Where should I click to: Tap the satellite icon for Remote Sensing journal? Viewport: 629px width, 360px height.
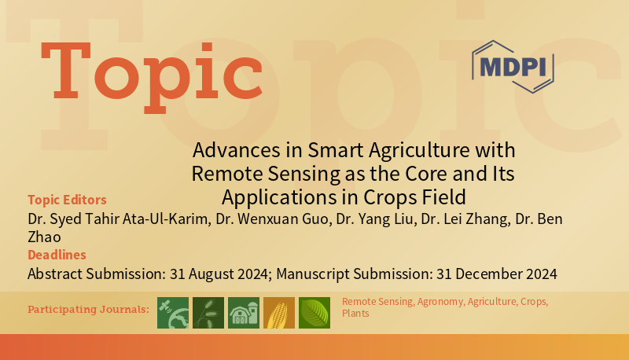pyautogui.click(x=173, y=312)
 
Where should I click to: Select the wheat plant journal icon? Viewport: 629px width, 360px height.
pyautogui.click(x=208, y=312)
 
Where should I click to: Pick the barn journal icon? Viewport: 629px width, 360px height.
pyautogui.click(x=243, y=312)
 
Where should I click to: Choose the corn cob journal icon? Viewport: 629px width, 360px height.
pyautogui.click(x=278, y=312)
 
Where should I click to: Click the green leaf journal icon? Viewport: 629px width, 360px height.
pyautogui.click(x=314, y=312)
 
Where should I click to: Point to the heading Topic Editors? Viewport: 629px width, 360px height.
pyautogui.click(x=67, y=200)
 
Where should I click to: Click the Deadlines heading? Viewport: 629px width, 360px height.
pyautogui.click(x=57, y=255)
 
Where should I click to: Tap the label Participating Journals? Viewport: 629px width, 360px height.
pyautogui.click(x=88, y=309)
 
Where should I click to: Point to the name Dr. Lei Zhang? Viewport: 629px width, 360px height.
pyautogui.click(x=464, y=217)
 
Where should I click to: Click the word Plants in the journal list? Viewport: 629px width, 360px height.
pyautogui.click(x=355, y=314)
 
